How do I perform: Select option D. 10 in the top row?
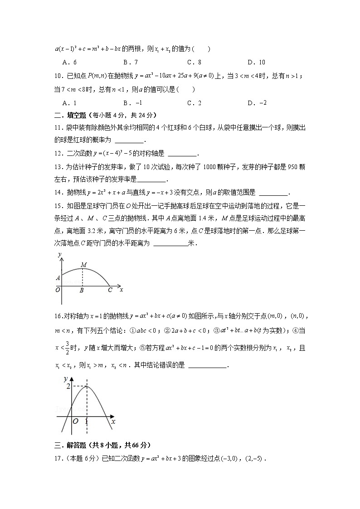(256, 62)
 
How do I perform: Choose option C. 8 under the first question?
(194, 62)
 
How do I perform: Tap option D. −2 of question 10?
(257, 103)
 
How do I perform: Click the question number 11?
(58, 128)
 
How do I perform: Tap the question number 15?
(58, 205)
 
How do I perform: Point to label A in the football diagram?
(58, 278)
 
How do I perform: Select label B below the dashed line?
(82, 291)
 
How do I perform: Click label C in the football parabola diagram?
(110, 291)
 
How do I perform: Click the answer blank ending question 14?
(272, 192)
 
